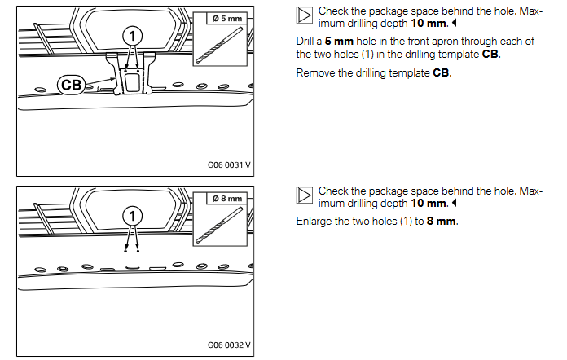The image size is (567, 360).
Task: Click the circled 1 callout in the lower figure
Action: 130,216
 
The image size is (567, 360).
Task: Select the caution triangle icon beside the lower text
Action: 305,195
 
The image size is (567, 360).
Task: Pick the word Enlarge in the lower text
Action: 316,222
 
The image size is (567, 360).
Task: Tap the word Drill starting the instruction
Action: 306,42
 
